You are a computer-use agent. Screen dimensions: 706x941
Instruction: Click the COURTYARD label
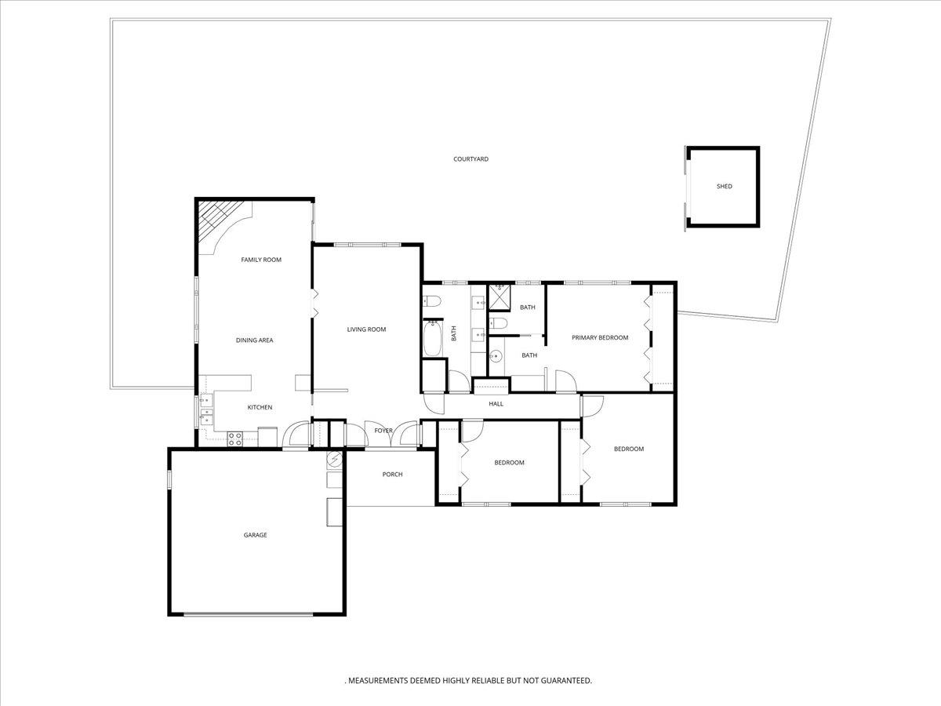tap(470, 159)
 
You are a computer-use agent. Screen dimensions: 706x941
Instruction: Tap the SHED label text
tap(724, 187)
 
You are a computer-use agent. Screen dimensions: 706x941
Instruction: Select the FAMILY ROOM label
tap(260, 260)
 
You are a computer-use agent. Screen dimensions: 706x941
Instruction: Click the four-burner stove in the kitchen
tap(234, 439)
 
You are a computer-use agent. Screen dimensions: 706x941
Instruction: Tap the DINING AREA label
tap(254, 340)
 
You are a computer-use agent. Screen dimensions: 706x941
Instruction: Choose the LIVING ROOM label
tap(366, 329)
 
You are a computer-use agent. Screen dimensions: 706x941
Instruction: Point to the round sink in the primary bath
tap(494, 357)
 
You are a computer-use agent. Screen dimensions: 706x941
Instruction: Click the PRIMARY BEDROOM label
tap(600, 338)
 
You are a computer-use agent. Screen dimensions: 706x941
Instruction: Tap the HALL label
tap(496, 404)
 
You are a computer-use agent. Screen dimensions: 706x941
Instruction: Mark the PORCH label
tap(392, 475)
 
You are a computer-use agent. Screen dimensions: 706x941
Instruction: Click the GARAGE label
tap(255, 535)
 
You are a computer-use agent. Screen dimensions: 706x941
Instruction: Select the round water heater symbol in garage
tap(335, 459)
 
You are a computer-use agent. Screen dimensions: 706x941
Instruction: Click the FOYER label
tap(383, 431)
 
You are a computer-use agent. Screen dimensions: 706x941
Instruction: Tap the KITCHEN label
tap(260, 407)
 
